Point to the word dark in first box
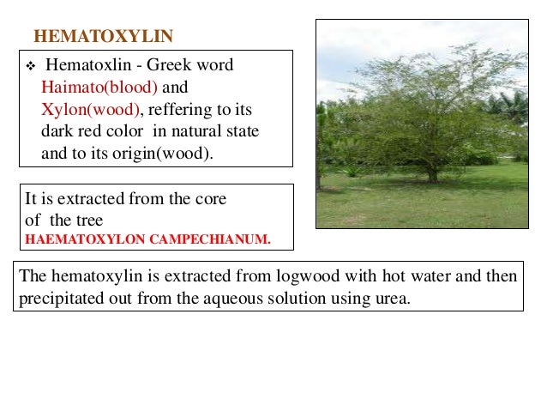point(56,132)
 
